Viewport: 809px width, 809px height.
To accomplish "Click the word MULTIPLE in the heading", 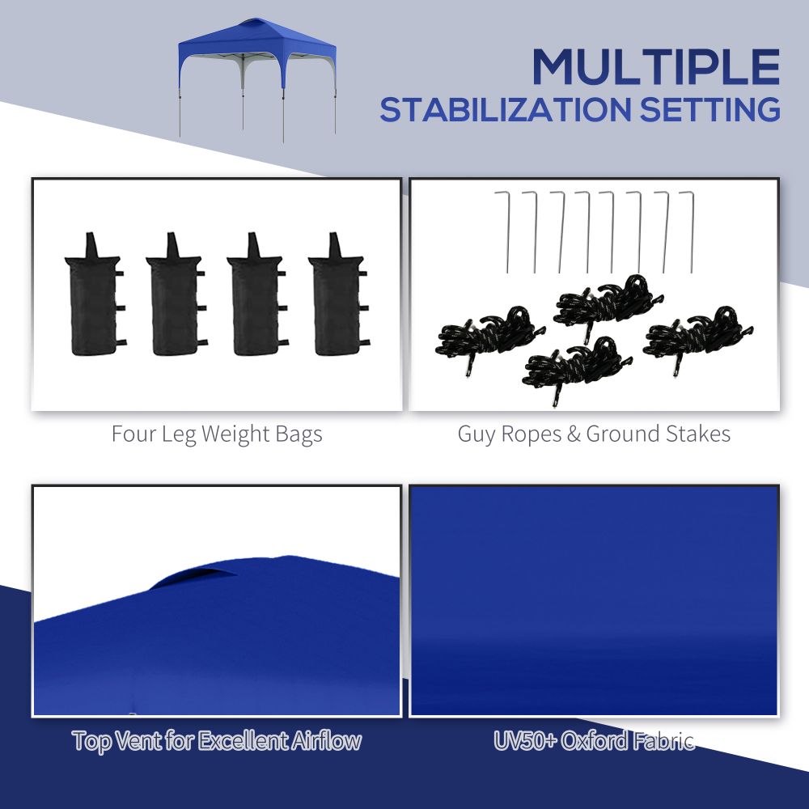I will point(655,67).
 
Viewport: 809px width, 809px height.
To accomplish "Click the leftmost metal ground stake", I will point(506,231).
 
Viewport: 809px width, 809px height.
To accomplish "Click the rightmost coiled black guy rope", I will point(697,332).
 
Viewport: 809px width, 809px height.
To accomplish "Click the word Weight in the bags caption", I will point(231,434).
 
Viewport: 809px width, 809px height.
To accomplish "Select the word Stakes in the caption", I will point(698,434).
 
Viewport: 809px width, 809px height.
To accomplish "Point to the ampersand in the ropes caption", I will point(573,434).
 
